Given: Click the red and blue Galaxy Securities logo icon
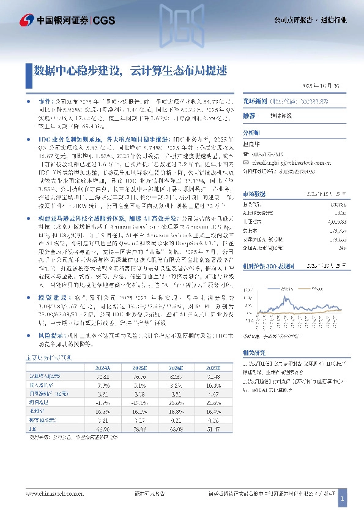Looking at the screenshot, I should pos(26,21).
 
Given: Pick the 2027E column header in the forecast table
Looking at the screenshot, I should pos(196,367).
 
